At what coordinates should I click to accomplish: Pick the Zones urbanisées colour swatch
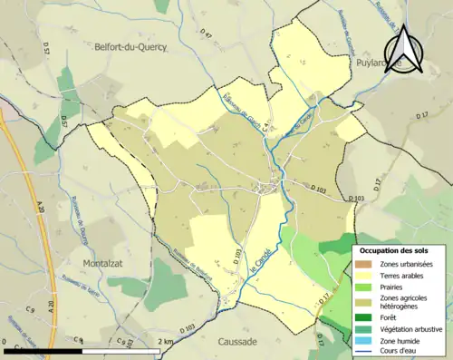363,264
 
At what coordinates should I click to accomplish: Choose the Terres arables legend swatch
363,276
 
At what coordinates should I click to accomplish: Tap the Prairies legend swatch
363,287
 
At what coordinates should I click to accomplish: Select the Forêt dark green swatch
363,317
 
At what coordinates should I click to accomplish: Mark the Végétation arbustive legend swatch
363,329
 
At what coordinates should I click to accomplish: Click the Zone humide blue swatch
363,341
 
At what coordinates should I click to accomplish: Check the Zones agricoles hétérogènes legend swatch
363,302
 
